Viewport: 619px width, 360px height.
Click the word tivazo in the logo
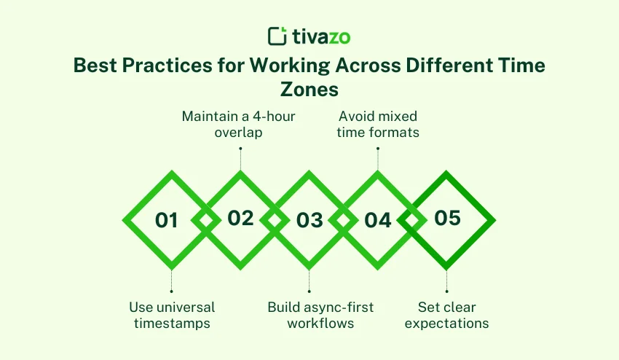pyautogui.click(x=320, y=36)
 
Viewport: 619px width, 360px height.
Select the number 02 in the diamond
pyautogui.click(x=240, y=218)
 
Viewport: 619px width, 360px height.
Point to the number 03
pyautogui.click(x=309, y=220)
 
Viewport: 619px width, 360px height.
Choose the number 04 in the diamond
pyautogui.click(x=378, y=220)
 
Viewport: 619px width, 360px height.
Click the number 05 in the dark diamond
pyautogui.click(x=447, y=218)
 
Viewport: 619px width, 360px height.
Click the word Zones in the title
pyautogui.click(x=309, y=88)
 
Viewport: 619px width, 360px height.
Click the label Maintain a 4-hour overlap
pyautogui.click(x=240, y=124)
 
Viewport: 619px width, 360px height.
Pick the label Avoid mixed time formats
pyautogui.click(x=378, y=124)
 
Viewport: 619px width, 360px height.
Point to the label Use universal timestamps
pyautogui.click(x=172, y=315)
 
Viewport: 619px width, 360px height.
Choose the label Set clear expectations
pyautogui.click(x=446, y=315)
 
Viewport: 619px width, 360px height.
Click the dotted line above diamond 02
pyautogui.click(x=240, y=160)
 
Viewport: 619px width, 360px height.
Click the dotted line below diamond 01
pyautogui.click(x=172, y=281)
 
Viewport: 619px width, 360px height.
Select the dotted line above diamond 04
pyautogui.click(x=378, y=160)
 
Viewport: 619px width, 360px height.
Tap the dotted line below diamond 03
pyautogui.click(x=309, y=281)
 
